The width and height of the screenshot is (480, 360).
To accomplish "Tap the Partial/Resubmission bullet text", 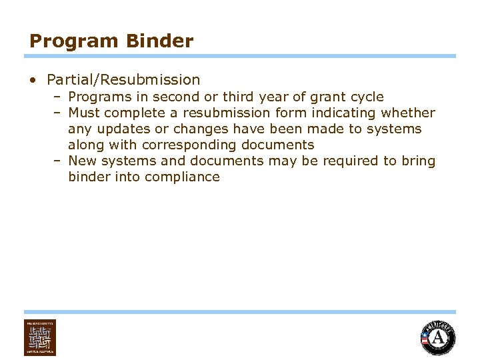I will click(x=123, y=80).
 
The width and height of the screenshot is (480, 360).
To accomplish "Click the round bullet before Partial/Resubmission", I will click(x=33, y=81).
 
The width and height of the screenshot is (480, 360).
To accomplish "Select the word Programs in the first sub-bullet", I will click(x=96, y=97).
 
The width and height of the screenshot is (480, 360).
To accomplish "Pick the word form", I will click(x=291, y=113).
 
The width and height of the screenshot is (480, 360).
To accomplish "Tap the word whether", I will click(x=407, y=113).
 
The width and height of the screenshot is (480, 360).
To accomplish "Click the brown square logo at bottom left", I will click(x=40, y=337).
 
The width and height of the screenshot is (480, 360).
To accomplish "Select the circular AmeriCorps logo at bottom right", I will click(x=438, y=337).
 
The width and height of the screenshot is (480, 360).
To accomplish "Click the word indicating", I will click(x=343, y=113).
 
